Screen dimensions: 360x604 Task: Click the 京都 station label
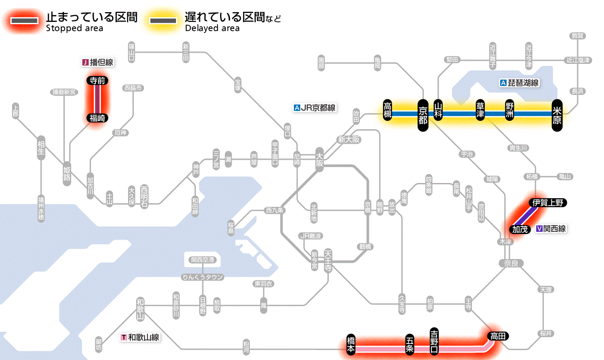click(423, 114)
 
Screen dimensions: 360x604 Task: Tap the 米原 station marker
click(557, 114)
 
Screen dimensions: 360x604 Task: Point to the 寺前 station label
click(98, 80)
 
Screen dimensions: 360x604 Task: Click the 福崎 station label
click(98, 118)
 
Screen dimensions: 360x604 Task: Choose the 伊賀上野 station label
click(548, 202)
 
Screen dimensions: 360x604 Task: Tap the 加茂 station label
click(520, 229)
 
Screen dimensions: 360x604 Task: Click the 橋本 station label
click(351, 345)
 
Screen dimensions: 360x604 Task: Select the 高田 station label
click(498, 336)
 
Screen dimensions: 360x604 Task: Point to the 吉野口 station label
click(434, 341)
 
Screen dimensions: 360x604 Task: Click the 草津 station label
click(480, 111)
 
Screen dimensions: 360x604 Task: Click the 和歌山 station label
click(140, 309)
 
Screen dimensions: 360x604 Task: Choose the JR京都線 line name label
click(315, 108)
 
